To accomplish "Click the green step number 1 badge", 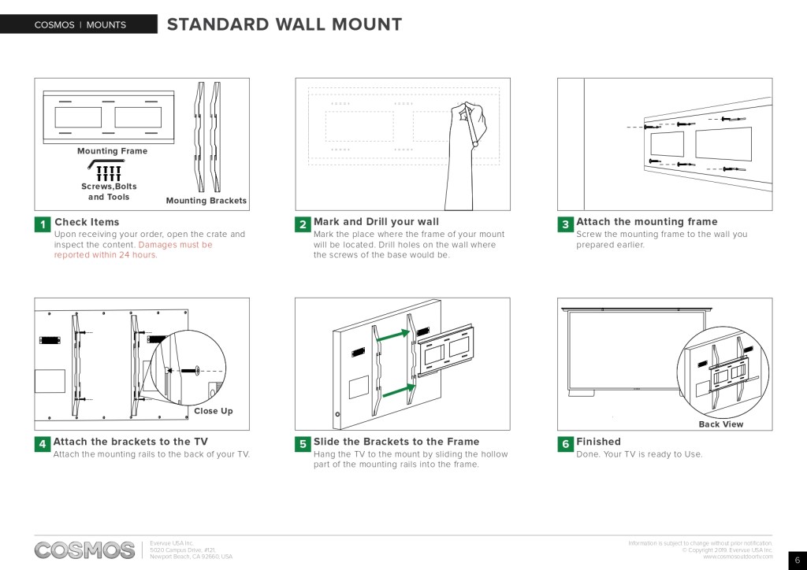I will (x=43, y=225).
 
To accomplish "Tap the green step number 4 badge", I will (x=43, y=444).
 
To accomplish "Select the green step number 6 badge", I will (x=565, y=444).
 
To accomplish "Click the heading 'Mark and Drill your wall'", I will (x=376, y=222).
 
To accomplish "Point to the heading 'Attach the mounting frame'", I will (x=646, y=222).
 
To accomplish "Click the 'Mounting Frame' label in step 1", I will (x=112, y=151).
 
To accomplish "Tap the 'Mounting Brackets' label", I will (x=206, y=201).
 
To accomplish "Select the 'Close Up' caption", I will (x=213, y=411).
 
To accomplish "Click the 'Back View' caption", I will (x=720, y=424).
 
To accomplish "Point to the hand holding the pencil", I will (x=470, y=126).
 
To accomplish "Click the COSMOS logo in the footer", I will (x=84, y=550).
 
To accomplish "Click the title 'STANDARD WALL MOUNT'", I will (x=284, y=24).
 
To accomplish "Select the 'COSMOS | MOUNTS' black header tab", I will (x=79, y=24).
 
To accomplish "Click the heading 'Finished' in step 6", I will (x=598, y=442).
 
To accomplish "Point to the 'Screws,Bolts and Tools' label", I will (x=109, y=191).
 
